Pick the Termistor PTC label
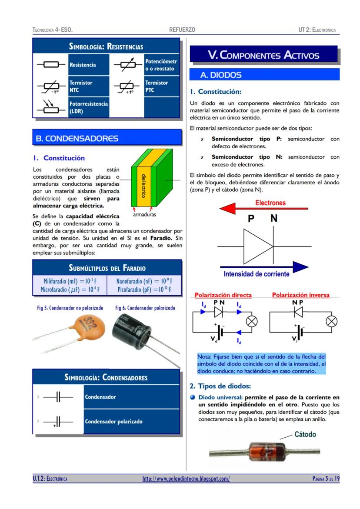tap(157, 86)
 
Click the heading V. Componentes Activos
tap(263, 55)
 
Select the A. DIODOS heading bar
tap(263, 75)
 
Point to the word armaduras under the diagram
tap(145, 214)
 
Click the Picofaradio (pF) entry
tap(144, 289)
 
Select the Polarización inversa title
tap(300, 295)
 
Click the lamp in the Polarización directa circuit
tap(252, 322)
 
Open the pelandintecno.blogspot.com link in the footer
tap(186, 479)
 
